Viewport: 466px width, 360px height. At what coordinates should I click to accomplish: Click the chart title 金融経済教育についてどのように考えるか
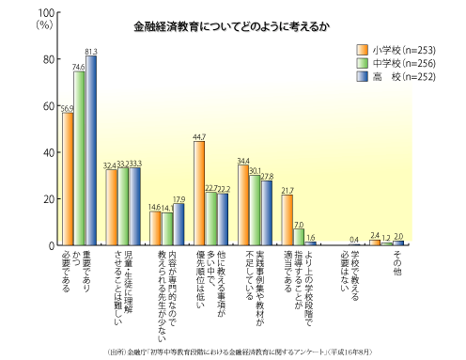(189, 29)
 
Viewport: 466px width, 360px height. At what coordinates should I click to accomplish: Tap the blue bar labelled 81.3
(91, 150)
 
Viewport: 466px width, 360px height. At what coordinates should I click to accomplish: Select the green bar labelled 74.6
(80, 159)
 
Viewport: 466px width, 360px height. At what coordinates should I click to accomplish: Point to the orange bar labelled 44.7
(199, 194)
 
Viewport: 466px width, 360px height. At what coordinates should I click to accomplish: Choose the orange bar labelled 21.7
(287, 220)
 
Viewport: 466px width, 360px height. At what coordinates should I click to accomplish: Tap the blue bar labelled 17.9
(179, 225)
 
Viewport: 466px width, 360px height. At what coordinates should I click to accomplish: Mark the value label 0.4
(354, 239)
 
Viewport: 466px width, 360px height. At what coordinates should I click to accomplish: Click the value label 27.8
(267, 175)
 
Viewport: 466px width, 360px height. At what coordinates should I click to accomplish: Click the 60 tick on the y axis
(46, 106)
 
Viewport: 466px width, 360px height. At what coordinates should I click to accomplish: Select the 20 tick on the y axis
(46, 199)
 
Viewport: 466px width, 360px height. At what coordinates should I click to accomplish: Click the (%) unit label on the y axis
(44, 25)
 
